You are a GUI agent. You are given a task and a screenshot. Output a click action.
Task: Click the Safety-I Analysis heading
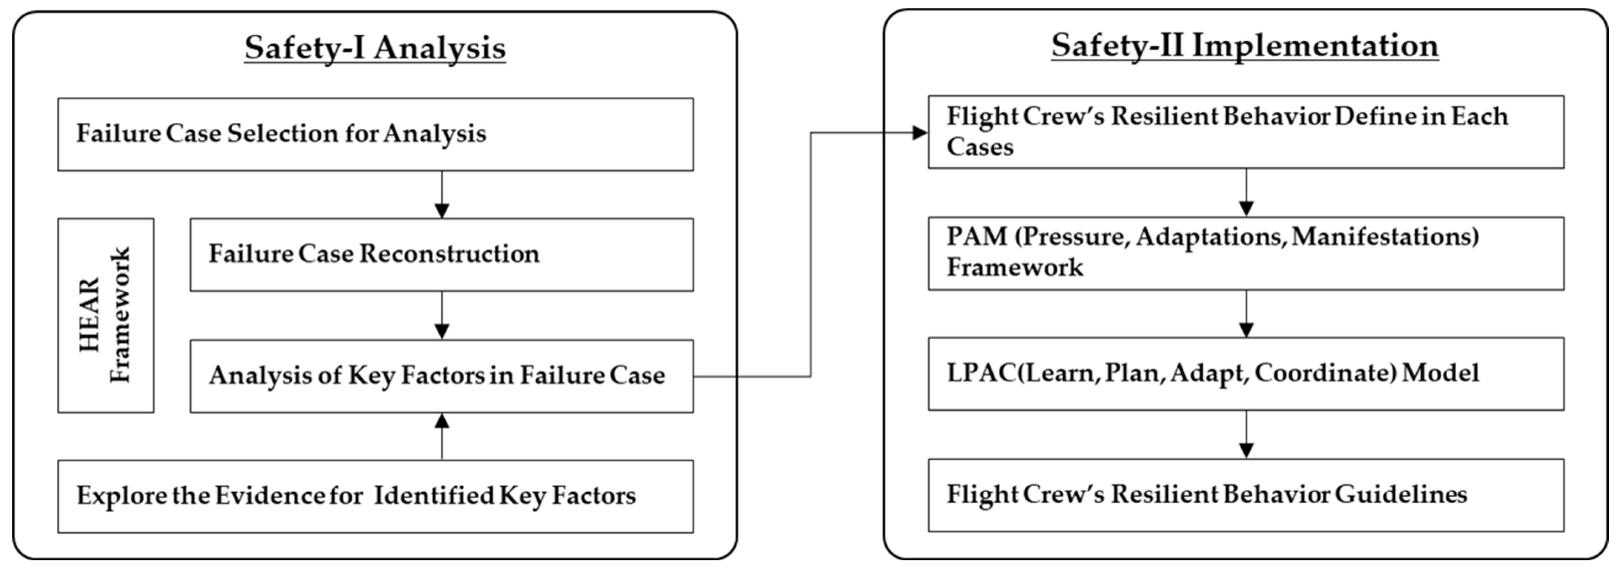pos(375,48)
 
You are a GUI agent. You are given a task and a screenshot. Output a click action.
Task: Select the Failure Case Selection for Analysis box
pos(375,134)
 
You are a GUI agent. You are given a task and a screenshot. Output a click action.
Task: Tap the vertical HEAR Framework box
pos(106,316)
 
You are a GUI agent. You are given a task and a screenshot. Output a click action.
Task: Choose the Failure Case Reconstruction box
pos(441,255)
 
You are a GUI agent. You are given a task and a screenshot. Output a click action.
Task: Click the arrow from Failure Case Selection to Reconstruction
pos(442,194)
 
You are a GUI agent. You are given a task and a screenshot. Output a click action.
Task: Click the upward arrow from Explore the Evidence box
pos(442,436)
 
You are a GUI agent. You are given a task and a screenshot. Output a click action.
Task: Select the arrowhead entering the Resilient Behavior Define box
pos(920,132)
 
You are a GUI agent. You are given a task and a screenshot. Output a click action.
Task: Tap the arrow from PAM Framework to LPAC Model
pos(1246,314)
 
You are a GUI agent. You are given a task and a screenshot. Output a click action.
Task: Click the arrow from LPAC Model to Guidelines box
pos(1246,435)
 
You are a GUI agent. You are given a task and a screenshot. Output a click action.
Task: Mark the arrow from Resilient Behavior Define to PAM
pos(1246,192)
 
